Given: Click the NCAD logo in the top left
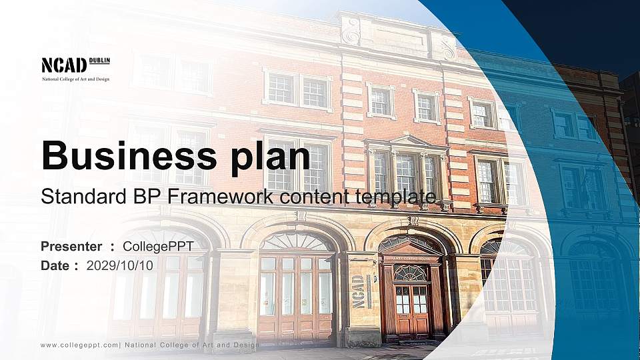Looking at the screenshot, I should [64, 65].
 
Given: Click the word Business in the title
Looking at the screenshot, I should [125, 157].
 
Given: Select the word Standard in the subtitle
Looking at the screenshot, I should [74, 197].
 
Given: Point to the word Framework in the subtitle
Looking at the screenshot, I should [225, 197].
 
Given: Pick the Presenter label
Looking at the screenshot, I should [71, 247].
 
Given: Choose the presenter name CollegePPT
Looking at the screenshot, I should [159, 247].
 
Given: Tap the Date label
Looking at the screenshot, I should [55, 265].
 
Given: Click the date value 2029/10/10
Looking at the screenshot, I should [120, 265].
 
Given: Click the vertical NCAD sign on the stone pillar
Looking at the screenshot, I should [359, 292].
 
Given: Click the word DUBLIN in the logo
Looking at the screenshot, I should [99, 61].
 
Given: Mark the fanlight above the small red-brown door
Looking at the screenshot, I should [411, 273].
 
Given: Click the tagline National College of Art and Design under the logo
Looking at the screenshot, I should [75, 79].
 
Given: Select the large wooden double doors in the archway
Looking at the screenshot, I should [295, 293].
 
